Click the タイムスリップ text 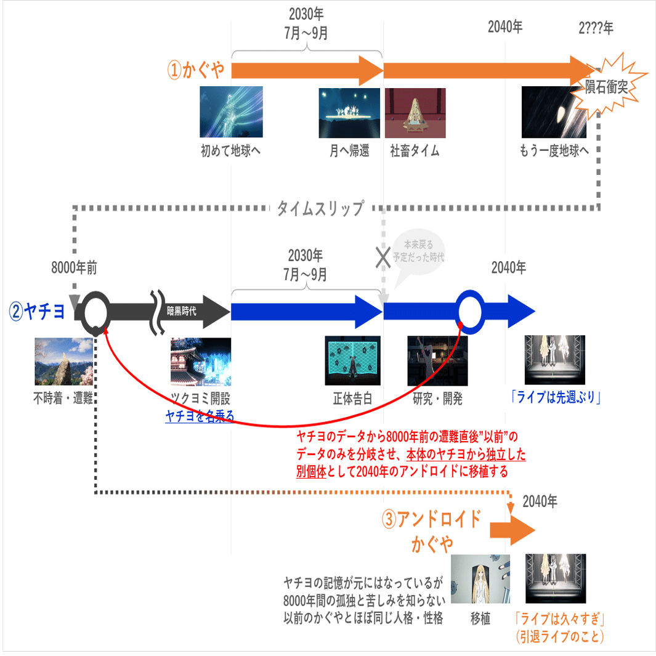point(320,208)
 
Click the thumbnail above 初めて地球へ point(231,111)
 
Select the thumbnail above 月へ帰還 point(348,111)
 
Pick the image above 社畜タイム point(415,111)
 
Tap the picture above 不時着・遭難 point(63,361)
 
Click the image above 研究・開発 point(437,361)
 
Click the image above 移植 point(480,578)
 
